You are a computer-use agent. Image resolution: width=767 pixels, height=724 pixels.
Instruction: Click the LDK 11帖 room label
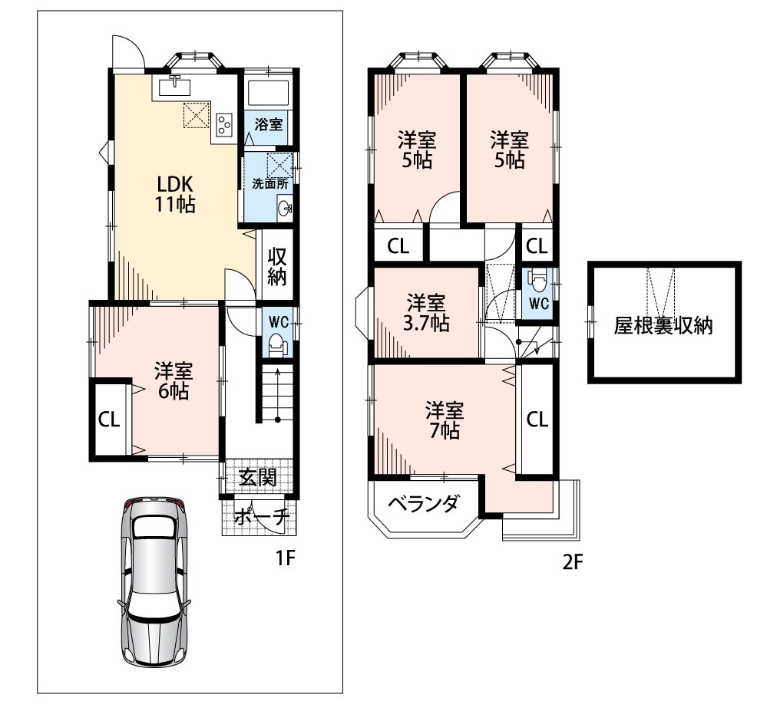click(x=176, y=194)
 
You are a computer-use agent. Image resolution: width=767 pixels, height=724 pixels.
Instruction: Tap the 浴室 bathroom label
click(x=269, y=124)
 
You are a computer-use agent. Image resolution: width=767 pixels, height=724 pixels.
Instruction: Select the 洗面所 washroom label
click(x=270, y=184)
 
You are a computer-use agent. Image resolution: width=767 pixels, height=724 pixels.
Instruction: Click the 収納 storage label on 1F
click(x=277, y=267)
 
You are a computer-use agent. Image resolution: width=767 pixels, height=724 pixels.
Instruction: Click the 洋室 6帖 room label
click(x=174, y=381)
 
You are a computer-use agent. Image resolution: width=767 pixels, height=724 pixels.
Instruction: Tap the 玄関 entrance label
click(x=258, y=477)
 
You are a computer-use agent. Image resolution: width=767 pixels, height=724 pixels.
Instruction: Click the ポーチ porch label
click(x=262, y=516)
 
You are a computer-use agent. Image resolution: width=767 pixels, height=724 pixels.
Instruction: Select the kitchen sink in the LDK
click(x=174, y=87)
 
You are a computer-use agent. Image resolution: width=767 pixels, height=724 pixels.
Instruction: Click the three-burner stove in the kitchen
click(x=224, y=124)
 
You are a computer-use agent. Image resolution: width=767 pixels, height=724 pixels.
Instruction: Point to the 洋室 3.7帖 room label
click(x=426, y=313)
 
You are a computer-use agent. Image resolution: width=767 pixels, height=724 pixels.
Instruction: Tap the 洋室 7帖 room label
click(x=445, y=420)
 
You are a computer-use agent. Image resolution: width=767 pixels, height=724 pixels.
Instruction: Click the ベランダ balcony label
click(x=424, y=503)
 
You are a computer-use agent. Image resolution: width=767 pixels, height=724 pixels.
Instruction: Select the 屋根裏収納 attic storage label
click(x=663, y=325)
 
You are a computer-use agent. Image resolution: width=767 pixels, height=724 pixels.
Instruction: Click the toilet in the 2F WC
click(x=538, y=281)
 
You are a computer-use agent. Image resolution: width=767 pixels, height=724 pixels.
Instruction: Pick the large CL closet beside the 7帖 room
click(x=537, y=420)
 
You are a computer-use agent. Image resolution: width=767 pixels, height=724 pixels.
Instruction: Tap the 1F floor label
click(x=285, y=558)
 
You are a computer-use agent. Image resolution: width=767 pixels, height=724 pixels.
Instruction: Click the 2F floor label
click(x=573, y=562)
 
